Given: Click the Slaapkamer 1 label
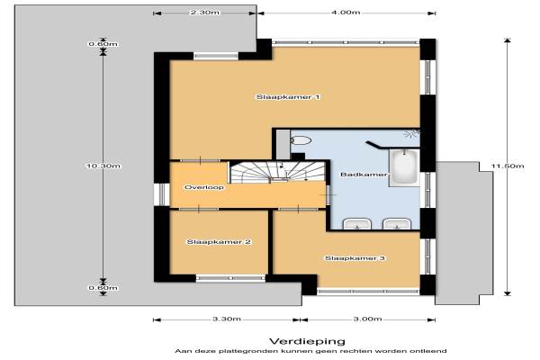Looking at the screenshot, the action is [x=288, y=97].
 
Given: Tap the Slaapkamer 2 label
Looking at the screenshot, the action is [x=219, y=242].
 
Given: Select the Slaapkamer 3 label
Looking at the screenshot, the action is [x=355, y=258].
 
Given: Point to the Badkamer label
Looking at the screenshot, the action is [x=364, y=175].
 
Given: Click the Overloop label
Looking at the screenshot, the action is [x=204, y=187].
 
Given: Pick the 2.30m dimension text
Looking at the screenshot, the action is [x=204, y=13].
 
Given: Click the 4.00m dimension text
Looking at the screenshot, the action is [x=346, y=13].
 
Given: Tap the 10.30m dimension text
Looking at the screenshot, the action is [x=103, y=166].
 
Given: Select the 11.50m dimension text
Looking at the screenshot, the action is [x=508, y=166].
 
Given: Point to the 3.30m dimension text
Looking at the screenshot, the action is [x=227, y=319].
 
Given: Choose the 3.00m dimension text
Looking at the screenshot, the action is [x=367, y=319].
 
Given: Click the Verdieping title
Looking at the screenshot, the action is [x=307, y=341].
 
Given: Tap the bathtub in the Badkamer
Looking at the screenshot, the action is [x=404, y=167].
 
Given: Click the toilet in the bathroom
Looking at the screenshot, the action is [x=301, y=140].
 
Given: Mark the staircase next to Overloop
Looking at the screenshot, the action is [x=277, y=172].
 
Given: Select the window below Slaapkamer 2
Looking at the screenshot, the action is [x=230, y=278].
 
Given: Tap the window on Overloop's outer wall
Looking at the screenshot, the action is [x=162, y=194].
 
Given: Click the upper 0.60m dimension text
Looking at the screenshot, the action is [x=103, y=44].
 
